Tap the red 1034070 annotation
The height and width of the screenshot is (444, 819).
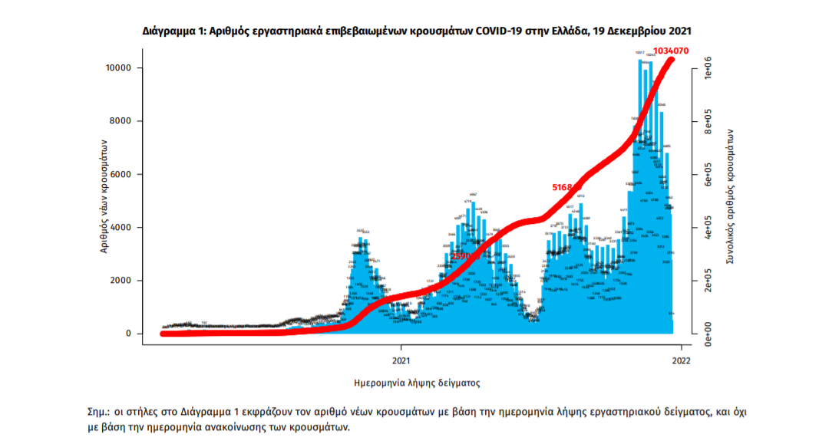[665, 51]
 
